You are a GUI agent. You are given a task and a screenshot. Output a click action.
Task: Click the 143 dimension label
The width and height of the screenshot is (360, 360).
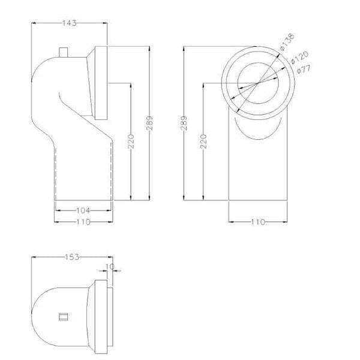tap(70, 23)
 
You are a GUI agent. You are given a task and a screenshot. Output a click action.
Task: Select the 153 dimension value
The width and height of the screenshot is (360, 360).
tap(72, 257)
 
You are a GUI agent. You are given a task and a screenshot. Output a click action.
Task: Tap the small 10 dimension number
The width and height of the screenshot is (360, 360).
tap(110, 266)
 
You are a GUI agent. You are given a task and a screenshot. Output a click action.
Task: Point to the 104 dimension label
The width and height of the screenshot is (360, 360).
tap(83, 211)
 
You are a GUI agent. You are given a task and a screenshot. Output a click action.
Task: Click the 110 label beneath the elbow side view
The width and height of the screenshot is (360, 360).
tap(83, 222)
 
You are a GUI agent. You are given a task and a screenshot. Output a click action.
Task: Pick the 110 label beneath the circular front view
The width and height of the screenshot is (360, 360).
tap(258, 222)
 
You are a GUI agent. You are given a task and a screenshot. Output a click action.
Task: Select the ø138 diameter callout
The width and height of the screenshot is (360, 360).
tap(287, 42)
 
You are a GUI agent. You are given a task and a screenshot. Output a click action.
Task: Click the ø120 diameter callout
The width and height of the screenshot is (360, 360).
tap(299, 58)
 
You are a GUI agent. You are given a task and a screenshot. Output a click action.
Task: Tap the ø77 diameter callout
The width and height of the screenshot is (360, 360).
tap(304, 69)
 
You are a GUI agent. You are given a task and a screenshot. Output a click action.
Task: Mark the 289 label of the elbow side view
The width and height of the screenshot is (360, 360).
tap(149, 123)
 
